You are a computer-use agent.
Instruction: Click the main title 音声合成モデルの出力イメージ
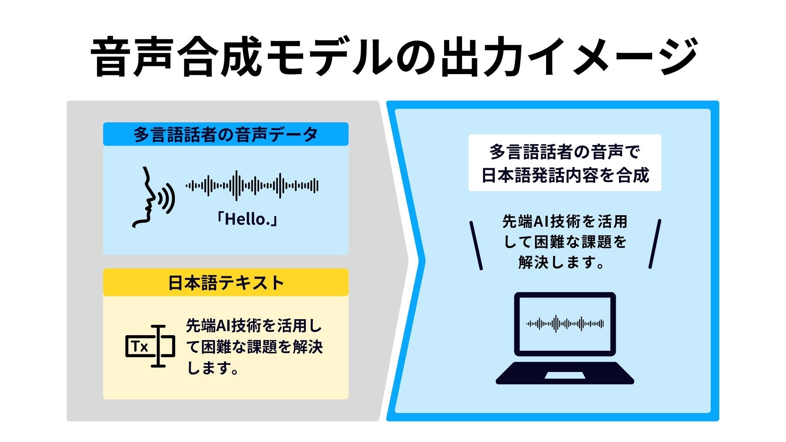393,57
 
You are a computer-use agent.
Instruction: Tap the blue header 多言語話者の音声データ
226,134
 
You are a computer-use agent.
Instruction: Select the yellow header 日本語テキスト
226,282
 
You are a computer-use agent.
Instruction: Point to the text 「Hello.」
247,219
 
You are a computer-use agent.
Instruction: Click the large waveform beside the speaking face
252,186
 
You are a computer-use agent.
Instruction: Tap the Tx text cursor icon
150,346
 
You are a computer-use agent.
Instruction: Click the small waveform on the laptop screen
565,324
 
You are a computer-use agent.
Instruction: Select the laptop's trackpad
565,375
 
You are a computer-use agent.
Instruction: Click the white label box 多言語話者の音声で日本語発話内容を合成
565,163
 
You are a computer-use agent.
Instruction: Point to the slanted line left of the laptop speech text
476,246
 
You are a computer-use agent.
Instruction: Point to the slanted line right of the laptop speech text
655,244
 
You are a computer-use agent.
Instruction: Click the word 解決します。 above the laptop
562,262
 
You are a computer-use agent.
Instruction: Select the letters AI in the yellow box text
224,326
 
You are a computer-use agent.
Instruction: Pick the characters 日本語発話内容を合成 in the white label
565,175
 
